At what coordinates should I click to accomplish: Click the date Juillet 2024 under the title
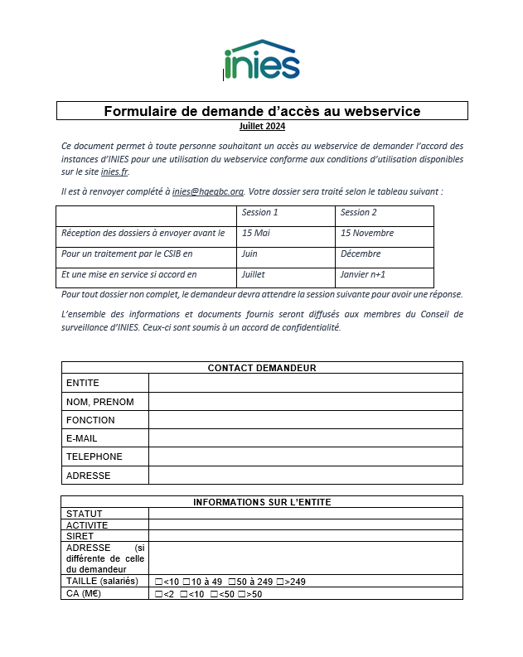[x=261, y=127]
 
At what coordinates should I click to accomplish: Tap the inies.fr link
[x=114, y=171]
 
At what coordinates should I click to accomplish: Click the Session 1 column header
[x=259, y=213]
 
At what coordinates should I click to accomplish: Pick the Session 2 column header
[x=358, y=213]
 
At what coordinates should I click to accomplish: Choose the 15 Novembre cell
[x=367, y=234]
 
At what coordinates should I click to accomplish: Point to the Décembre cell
[x=360, y=254]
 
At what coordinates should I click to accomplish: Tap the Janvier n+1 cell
[x=363, y=275]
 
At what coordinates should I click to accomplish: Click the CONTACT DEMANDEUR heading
[x=262, y=368]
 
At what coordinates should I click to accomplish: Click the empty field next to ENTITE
[x=305, y=383]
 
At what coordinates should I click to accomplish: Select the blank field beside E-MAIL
[x=305, y=438]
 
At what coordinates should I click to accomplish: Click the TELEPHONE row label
[x=94, y=457]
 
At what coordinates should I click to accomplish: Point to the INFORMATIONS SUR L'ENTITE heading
[x=262, y=502]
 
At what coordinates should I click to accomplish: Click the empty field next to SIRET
[x=305, y=536]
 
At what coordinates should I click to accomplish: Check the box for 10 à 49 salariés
[x=186, y=582]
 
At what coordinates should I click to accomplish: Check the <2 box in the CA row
[x=158, y=594]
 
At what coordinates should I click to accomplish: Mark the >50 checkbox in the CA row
[x=241, y=594]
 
